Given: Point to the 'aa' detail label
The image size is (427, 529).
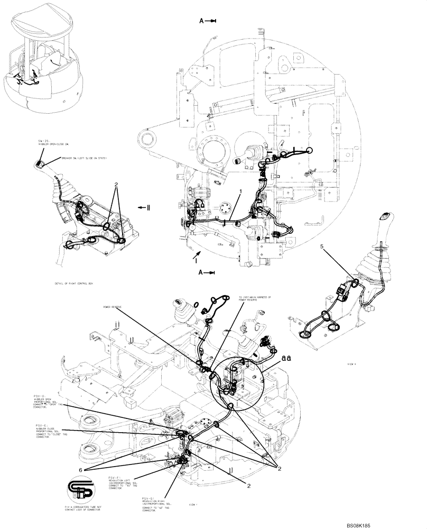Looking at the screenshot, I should coord(287,358).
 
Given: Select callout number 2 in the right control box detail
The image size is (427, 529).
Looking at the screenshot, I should coord(116,185).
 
